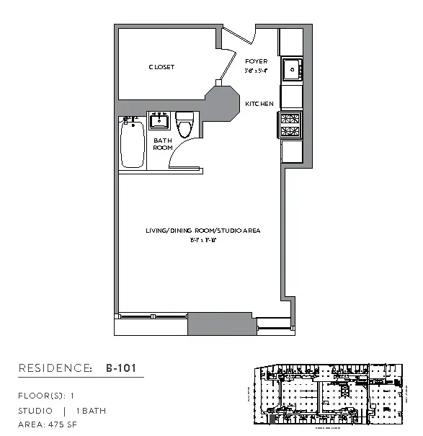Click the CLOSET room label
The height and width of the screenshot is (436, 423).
(161, 67)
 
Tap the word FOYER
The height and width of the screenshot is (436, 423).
(256, 61)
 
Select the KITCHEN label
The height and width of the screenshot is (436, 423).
(259, 104)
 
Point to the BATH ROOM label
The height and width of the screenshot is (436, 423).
(163, 144)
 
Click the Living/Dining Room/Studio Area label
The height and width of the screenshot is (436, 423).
(202, 231)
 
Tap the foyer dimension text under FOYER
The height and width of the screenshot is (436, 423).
(256, 71)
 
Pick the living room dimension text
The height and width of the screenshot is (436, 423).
(202, 240)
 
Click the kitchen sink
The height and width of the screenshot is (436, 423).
(291, 70)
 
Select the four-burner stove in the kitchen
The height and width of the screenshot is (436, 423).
(290, 124)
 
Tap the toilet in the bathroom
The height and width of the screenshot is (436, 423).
(186, 125)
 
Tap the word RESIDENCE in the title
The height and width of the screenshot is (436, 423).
(55, 368)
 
